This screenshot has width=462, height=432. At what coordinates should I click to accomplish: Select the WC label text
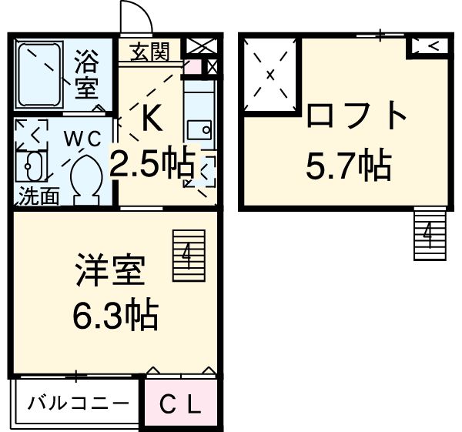[x=82, y=138]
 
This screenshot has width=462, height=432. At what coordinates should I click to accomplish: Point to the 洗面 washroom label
[x=38, y=196]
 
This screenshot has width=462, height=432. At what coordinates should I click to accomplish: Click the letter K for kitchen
[x=150, y=118]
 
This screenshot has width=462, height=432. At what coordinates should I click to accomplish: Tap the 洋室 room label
[x=109, y=274]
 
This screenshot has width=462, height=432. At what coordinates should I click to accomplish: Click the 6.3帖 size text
[x=115, y=315]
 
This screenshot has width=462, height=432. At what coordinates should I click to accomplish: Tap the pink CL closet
[x=182, y=402]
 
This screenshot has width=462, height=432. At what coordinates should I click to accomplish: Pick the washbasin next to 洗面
[x=32, y=168]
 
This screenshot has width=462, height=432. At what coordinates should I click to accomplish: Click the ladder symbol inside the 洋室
[x=188, y=255]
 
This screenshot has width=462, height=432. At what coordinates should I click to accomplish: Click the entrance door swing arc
[x=136, y=18]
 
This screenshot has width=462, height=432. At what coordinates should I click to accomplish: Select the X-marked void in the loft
[x=270, y=75]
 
